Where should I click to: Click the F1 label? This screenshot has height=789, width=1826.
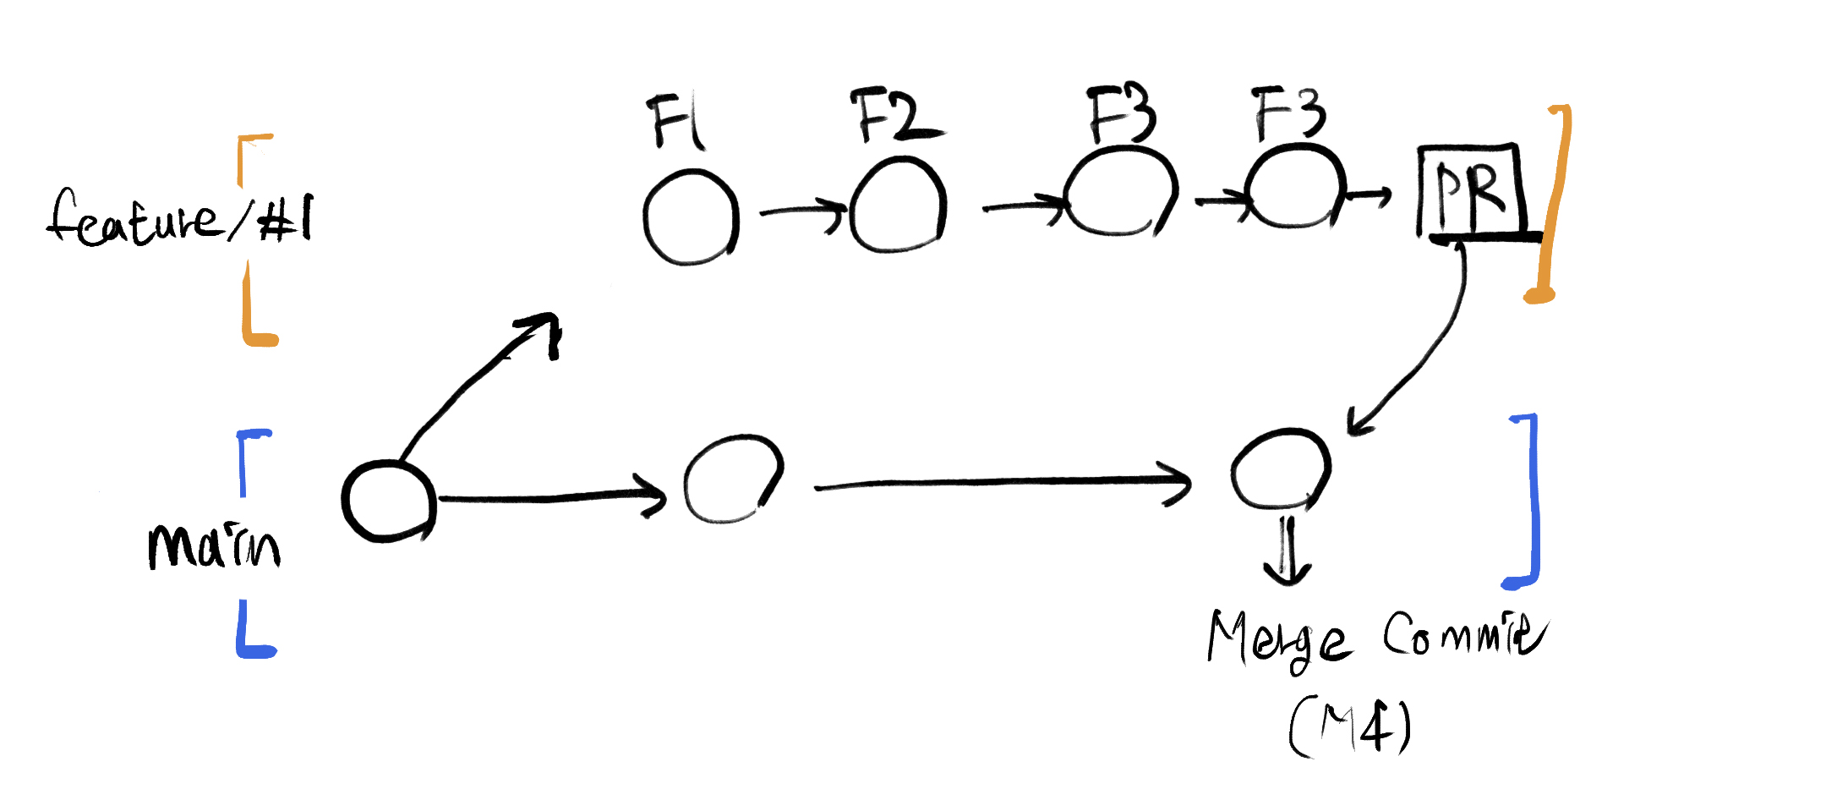pyautogui.click(x=676, y=123)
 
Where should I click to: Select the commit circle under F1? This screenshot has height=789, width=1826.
pyautogui.click(x=691, y=217)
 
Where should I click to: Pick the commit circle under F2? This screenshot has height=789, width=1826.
pyautogui.click(x=897, y=206)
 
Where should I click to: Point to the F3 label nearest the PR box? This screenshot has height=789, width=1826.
pyautogui.click(x=1289, y=115)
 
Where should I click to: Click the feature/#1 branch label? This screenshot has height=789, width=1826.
pyautogui.click(x=179, y=217)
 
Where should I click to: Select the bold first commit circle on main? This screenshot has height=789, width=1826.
pyautogui.click(x=388, y=501)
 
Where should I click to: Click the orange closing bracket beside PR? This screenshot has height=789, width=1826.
pyautogui.click(x=1554, y=203)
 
